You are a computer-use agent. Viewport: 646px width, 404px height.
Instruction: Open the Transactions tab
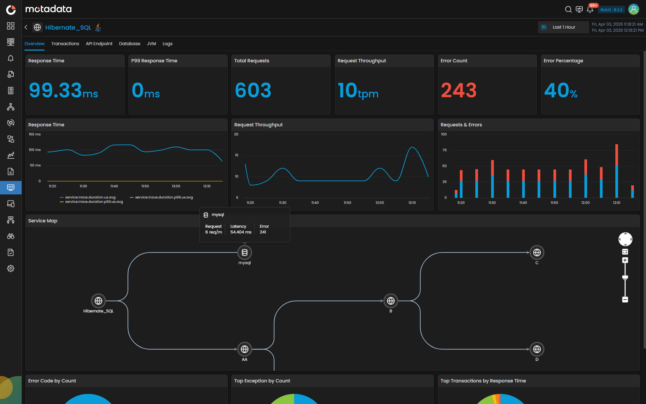(x=65, y=44)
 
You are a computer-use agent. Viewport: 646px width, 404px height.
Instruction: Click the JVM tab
(x=151, y=44)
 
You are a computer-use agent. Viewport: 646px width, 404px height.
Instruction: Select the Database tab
(x=130, y=44)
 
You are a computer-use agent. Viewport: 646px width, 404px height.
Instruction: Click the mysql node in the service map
(x=245, y=252)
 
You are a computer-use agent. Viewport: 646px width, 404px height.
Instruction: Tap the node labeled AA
(x=245, y=349)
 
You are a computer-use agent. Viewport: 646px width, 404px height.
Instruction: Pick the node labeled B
(x=390, y=301)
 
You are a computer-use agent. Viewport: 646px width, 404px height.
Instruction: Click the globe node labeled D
(x=537, y=349)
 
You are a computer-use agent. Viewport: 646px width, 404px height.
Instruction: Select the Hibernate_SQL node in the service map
(x=98, y=301)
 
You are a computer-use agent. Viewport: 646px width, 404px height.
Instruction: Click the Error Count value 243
(x=458, y=90)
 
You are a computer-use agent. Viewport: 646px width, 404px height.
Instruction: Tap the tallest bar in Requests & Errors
(x=616, y=171)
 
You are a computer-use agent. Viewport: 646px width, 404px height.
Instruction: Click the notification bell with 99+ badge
(x=590, y=9)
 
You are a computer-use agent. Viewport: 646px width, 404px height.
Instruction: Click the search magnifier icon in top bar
(x=568, y=9)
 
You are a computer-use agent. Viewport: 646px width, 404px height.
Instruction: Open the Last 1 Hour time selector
(x=564, y=27)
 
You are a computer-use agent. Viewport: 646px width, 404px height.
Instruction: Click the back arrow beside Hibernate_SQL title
(x=26, y=27)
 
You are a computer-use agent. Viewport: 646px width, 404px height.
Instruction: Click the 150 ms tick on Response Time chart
(x=35, y=134)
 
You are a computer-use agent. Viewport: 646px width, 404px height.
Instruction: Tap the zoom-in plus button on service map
(x=625, y=260)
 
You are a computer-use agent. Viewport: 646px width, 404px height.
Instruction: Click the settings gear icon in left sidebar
(x=11, y=269)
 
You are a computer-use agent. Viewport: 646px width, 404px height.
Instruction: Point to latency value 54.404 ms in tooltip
(x=241, y=232)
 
